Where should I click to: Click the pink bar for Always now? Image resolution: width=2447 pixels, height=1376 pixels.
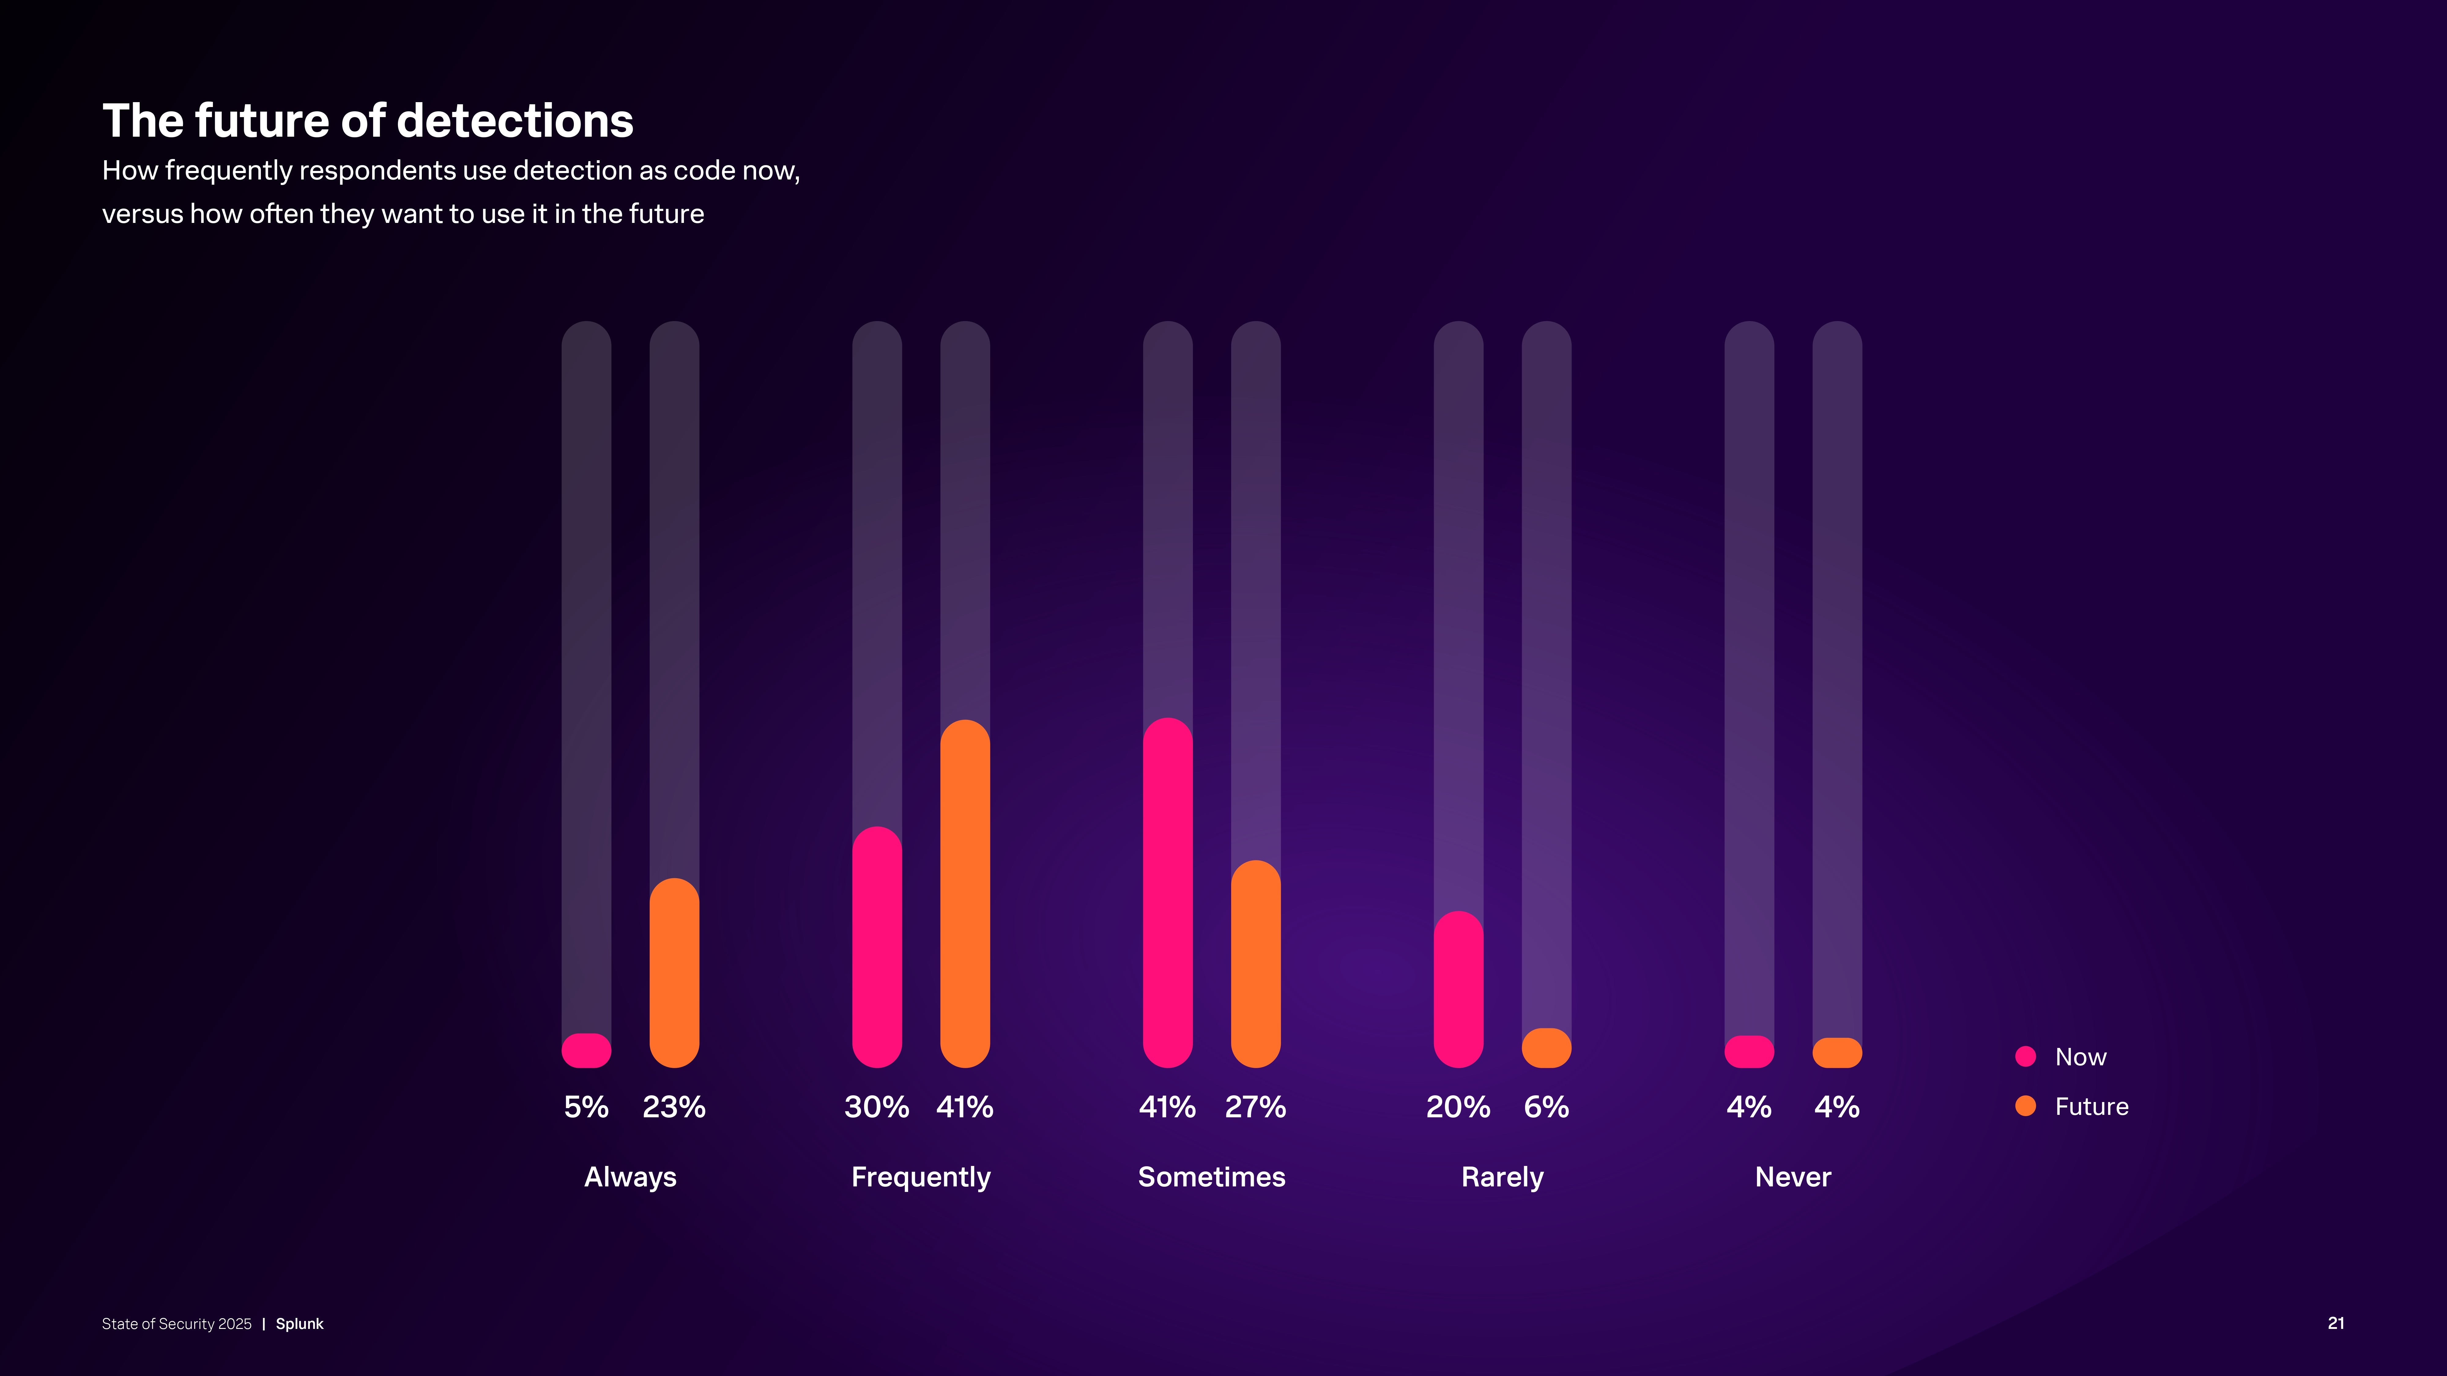coord(586,1050)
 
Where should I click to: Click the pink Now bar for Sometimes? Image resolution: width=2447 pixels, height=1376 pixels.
coord(1168,893)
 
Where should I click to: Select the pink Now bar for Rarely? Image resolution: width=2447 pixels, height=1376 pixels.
coord(1458,989)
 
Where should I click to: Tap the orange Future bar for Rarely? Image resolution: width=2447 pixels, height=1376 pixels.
coord(1547,1049)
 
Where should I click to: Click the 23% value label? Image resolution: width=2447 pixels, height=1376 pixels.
coord(674,1107)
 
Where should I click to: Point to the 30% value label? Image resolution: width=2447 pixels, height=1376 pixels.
coord(877,1107)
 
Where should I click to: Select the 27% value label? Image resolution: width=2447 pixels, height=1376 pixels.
coord(1256,1107)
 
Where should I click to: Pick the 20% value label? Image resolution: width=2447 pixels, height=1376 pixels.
coord(1458,1107)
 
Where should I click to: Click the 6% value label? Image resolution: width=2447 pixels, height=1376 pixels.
coord(1547,1107)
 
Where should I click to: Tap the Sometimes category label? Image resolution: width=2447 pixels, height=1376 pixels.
coord(1211,1178)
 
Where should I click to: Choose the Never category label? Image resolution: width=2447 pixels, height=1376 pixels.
coord(1792,1178)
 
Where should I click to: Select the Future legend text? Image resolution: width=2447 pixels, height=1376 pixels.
coord(2092,1106)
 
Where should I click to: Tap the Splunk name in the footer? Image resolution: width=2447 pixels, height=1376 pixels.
coord(299,1324)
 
